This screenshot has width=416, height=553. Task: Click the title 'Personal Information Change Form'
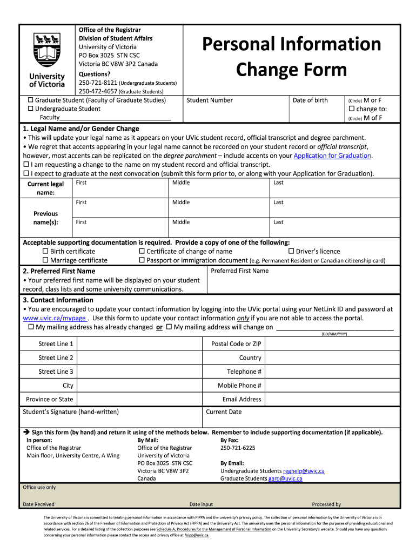[x=292, y=56]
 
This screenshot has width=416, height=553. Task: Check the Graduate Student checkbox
[x=31, y=100]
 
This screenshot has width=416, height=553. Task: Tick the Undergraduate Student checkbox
[x=31, y=109]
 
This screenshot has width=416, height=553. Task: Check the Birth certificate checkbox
[x=45, y=251]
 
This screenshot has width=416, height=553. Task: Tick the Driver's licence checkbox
[x=291, y=251]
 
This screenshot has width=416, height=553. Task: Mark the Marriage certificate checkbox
[x=45, y=260]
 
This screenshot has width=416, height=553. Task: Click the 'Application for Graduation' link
[x=332, y=156]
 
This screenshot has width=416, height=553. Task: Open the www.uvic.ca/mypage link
[x=54, y=318]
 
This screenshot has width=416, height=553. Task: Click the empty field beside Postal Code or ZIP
[x=332, y=344]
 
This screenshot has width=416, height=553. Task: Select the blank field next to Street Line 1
[x=139, y=344]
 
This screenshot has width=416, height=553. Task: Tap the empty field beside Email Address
[x=332, y=400]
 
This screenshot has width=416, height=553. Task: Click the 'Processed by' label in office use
[x=326, y=504]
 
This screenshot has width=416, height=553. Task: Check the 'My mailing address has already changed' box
[x=31, y=327]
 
